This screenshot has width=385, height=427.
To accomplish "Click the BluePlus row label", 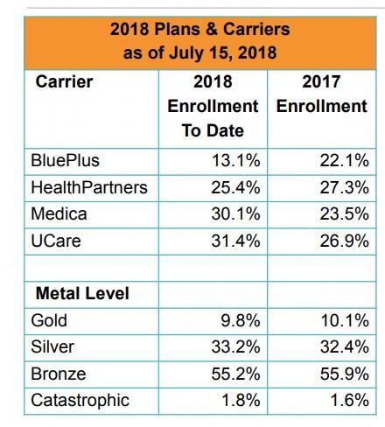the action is pyautogui.click(x=65, y=160).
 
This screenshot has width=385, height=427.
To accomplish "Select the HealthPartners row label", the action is pyautogui.click(x=89, y=187).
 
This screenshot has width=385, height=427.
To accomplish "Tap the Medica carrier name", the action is pyautogui.click(x=59, y=213).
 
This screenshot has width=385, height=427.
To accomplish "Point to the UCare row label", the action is pyautogui.click(x=56, y=241).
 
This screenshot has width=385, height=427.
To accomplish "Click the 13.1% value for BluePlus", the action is pyautogui.click(x=235, y=160).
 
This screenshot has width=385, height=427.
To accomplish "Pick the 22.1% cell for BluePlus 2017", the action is pyautogui.click(x=344, y=160).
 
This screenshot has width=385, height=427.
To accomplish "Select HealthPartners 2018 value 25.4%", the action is pyautogui.click(x=235, y=187).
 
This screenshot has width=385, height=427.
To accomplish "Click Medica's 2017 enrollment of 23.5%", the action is pyautogui.click(x=344, y=213).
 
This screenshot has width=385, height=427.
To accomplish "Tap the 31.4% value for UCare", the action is pyautogui.click(x=235, y=241).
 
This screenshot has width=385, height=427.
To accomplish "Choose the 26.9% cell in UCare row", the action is pyautogui.click(x=344, y=241).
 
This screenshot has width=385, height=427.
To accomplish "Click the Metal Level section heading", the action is pyautogui.click(x=82, y=293).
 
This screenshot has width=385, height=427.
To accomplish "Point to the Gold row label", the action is pyautogui.click(x=49, y=320).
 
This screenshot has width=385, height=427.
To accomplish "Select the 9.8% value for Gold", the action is pyautogui.click(x=241, y=320).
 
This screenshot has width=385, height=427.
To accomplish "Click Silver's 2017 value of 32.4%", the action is pyautogui.click(x=345, y=347).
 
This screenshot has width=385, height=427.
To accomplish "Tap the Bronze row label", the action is pyautogui.click(x=59, y=374).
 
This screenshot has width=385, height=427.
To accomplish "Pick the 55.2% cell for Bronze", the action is pyautogui.click(x=235, y=374).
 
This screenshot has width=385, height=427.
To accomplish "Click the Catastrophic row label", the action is pyautogui.click(x=80, y=400).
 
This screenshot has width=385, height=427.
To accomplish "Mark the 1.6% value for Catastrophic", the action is pyautogui.click(x=349, y=400).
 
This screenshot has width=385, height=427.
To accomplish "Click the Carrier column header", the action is pyautogui.click(x=64, y=81).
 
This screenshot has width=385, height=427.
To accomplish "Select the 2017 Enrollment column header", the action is pyautogui.click(x=321, y=94).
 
